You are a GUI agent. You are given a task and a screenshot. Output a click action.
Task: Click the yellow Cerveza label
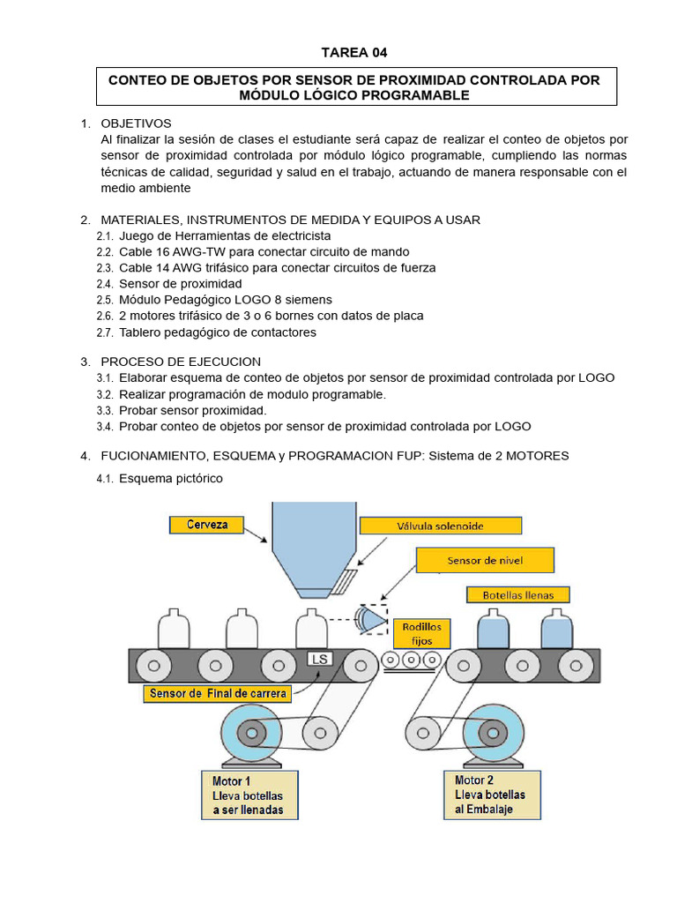pyautogui.click(x=207, y=525)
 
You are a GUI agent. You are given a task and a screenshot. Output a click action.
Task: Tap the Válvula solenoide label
pyautogui.click(x=440, y=526)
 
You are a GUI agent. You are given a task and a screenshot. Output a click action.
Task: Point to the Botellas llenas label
pyautogui.click(x=518, y=594)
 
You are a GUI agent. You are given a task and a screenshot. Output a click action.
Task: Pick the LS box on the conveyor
pyautogui.click(x=317, y=659)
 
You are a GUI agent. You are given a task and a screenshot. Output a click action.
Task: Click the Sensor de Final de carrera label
pyautogui.click(x=219, y=693)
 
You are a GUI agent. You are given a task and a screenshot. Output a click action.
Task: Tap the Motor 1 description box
pyautogui.click(x=250, y=795)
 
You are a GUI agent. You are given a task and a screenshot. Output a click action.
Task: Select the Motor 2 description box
pyautogui.click(x=491, y=795)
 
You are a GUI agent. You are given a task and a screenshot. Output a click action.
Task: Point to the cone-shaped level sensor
pyautogui.click(x=372, y=621)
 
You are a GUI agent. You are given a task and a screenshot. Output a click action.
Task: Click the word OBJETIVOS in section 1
pyautogui.click(x=136, y=123)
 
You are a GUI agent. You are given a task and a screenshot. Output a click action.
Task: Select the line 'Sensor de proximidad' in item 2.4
pyautogui.click(x=180, y=284)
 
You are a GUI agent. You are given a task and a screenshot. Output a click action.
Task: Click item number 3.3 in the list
pyautogui.click(x=105, y=410)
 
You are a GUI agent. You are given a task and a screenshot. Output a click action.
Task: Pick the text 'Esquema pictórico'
pyautogui.click(x=171, y=478)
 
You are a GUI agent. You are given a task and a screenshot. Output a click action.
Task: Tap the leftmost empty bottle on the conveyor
pyautogui.click(x=173, y=630)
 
